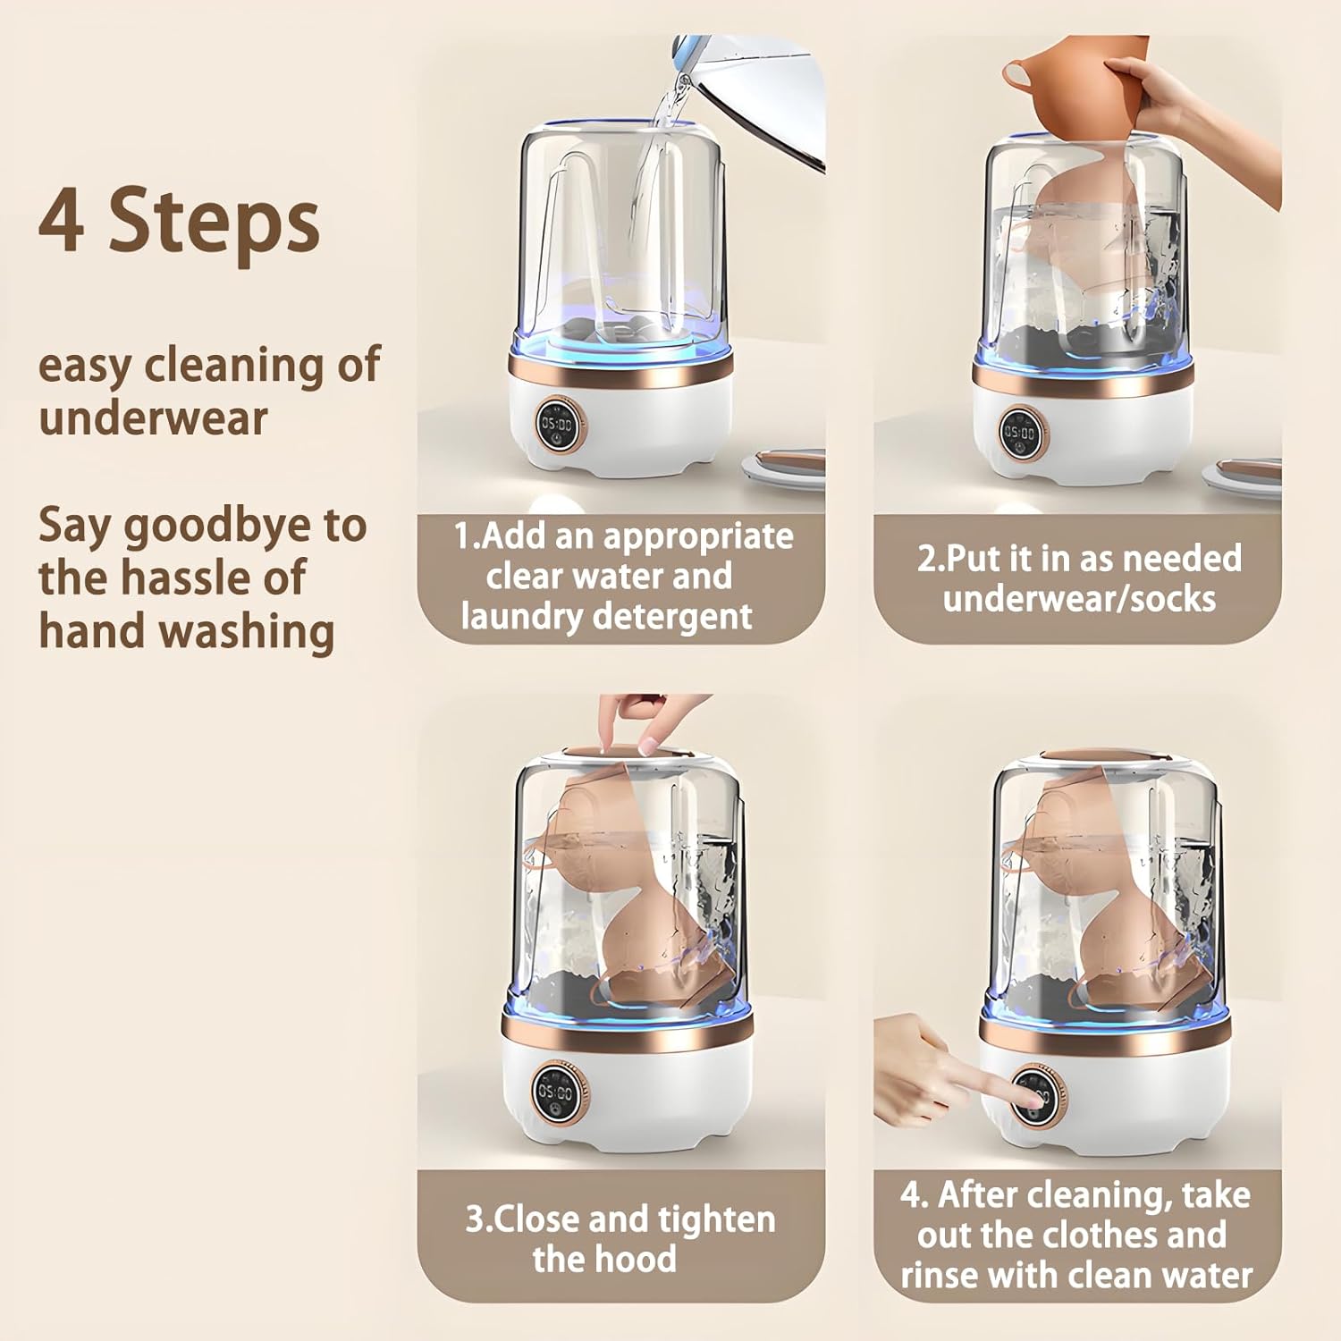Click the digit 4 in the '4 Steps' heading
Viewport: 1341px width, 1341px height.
62,221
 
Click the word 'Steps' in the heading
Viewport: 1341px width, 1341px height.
214,223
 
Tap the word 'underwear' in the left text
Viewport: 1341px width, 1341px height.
153,418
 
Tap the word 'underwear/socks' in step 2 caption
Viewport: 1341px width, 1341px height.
1079,599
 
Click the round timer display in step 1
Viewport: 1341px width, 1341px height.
558,424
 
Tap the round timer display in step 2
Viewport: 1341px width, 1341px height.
1019,433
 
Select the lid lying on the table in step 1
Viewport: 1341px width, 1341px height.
785,467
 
